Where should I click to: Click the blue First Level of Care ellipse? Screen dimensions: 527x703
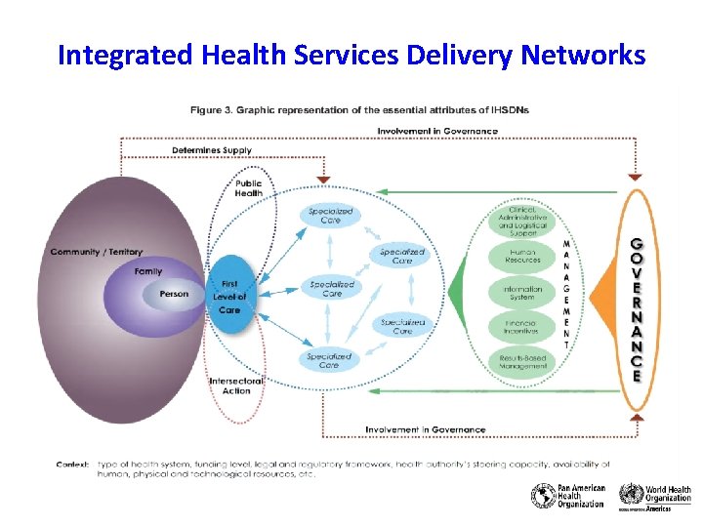coord(229,296)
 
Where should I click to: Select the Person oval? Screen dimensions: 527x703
coord(174,294)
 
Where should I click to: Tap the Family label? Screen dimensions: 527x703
coord(148,271)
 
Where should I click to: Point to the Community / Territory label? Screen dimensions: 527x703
coord(97,252)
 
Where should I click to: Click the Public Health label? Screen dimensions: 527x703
coord(248,188)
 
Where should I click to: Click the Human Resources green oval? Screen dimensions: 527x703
coord(523,257)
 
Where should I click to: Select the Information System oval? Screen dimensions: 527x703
coord(523,292)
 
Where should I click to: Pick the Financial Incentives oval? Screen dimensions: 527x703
coord(523,327)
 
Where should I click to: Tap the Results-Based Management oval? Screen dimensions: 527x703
coord(523,362)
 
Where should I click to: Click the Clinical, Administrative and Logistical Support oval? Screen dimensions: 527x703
coord(523,222)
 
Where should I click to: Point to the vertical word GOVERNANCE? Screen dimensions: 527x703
coord(637,308)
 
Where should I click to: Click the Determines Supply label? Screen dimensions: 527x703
coord(212,150)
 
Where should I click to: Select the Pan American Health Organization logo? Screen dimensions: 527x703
coord(568,497)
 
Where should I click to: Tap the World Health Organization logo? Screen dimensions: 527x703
coord(655,497)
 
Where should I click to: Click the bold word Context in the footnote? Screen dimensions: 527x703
coord(72,465)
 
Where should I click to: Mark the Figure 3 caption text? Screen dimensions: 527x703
coord(360,110)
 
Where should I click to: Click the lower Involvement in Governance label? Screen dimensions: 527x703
coord(425,429)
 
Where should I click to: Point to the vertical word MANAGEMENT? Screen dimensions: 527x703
coord(567,294)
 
